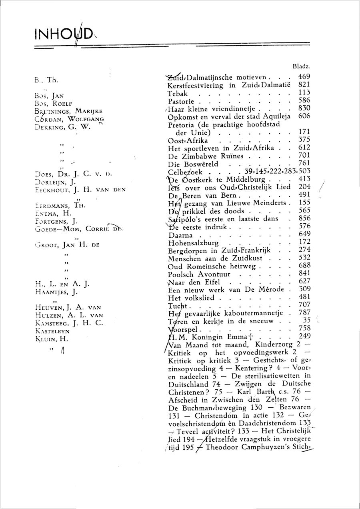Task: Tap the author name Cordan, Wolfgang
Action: pos(69,119)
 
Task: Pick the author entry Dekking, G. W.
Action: pos(63,127)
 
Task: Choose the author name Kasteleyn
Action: pos(52,331)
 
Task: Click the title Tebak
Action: pos(178,93)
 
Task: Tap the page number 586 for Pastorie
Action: pos(304,100)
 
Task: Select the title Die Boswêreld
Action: pos(193,164)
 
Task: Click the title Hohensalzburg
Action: pos(193,242)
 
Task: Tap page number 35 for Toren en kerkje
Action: pos(307,320)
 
